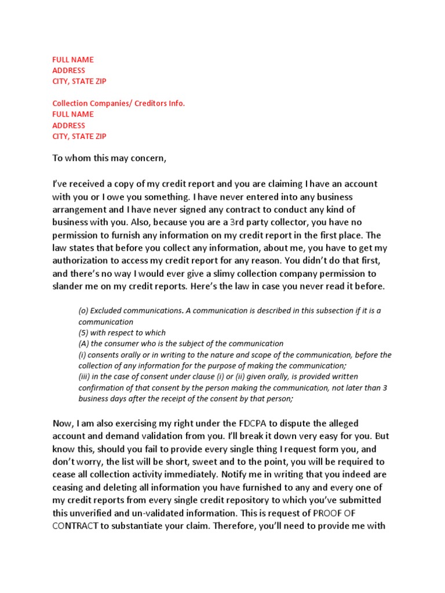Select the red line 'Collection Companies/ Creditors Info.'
click(119, 103)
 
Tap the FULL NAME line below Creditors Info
click(73, 114)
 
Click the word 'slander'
click(70, 287)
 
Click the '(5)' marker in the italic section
click(84, 333)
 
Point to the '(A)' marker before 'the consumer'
click(85, 344)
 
